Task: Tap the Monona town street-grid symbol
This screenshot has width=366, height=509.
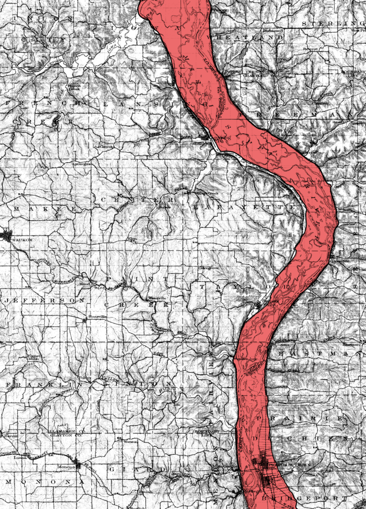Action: coord(78,465)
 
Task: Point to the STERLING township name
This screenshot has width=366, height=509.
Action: coord(333,23)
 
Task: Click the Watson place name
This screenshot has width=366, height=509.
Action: coord(130,441)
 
